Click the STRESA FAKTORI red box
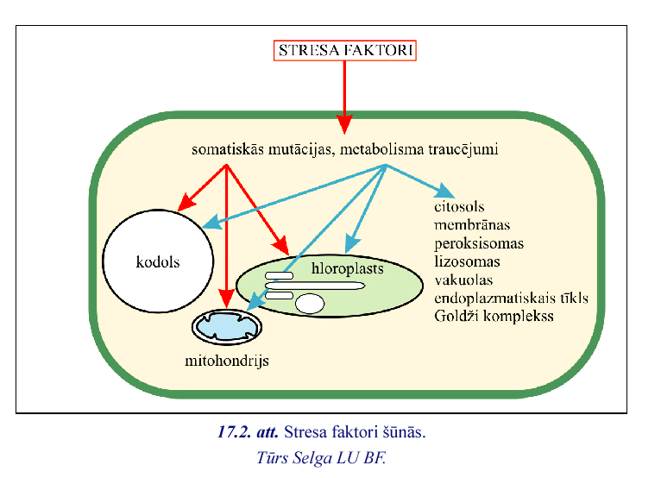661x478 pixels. coord(345,51)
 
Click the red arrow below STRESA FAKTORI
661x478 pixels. coord(344,95)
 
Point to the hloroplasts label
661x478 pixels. coord(348,269)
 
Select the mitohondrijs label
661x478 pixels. coord(227,361)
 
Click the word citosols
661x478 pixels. coord(460,207)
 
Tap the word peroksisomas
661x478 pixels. coord(479,243)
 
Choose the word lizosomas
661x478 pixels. coord(468,261)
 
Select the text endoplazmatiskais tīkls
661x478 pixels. coord(512,298)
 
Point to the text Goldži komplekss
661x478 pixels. coord(494,316)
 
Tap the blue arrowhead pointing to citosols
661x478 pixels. coord(446,193)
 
